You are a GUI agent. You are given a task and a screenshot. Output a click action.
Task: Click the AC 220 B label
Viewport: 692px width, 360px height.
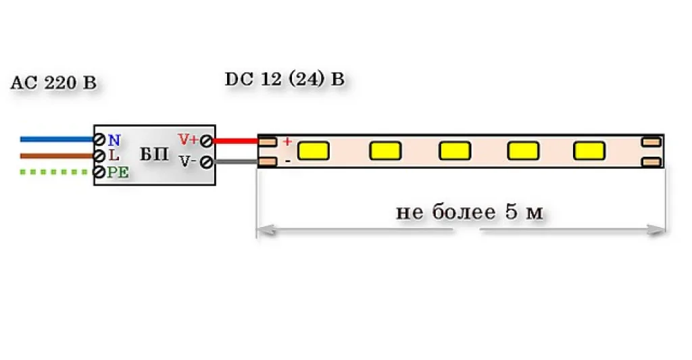click(x=53, y=83)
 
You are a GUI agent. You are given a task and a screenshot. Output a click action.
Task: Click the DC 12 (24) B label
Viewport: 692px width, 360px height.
click(x=285, y=80)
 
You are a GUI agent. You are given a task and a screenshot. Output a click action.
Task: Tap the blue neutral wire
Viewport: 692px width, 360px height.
click(x=57, y=139)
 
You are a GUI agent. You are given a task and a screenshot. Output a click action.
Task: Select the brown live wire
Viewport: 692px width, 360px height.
click(x=57, y=156)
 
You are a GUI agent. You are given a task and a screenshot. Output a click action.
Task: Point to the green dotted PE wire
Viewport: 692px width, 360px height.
click(x=55, y=172)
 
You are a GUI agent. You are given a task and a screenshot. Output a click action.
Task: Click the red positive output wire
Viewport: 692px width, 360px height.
click(x=236, y=141)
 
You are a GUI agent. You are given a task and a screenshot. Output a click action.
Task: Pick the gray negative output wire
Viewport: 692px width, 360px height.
click(x=236, y=162)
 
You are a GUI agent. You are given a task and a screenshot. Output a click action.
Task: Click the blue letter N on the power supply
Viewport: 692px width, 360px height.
click(x=114, y=140)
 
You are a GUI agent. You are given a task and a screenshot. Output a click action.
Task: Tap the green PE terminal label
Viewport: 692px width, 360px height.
click(x=118, y=172)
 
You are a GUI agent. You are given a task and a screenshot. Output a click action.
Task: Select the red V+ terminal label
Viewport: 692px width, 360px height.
click(x=188, y=139)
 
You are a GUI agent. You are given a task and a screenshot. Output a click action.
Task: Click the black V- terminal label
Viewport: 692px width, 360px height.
click(x=187, y=161)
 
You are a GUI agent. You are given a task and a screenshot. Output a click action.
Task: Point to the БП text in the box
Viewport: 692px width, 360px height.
click(x=155, y=155)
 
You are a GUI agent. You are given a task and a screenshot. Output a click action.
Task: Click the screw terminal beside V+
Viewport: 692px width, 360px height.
click(x=206, y=140)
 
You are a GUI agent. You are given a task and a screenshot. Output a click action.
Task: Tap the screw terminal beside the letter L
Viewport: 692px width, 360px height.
click(x=100, y=156)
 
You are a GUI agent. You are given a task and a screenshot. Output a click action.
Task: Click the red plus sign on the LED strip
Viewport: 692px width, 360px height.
click(x=287, y=142)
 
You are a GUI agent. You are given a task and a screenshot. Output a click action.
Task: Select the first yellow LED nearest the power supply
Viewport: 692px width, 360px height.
click(x=314, y=151)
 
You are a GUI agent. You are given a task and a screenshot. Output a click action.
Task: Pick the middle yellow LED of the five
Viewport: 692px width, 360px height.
click(x=455, y=151)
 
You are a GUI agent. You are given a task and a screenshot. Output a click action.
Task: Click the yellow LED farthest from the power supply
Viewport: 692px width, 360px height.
click(x=589, y=151)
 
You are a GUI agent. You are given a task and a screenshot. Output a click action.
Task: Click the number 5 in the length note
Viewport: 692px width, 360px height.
click(x=511, y=212)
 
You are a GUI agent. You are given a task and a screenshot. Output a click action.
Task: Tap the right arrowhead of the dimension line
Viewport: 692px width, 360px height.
click(x=657, y=230)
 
